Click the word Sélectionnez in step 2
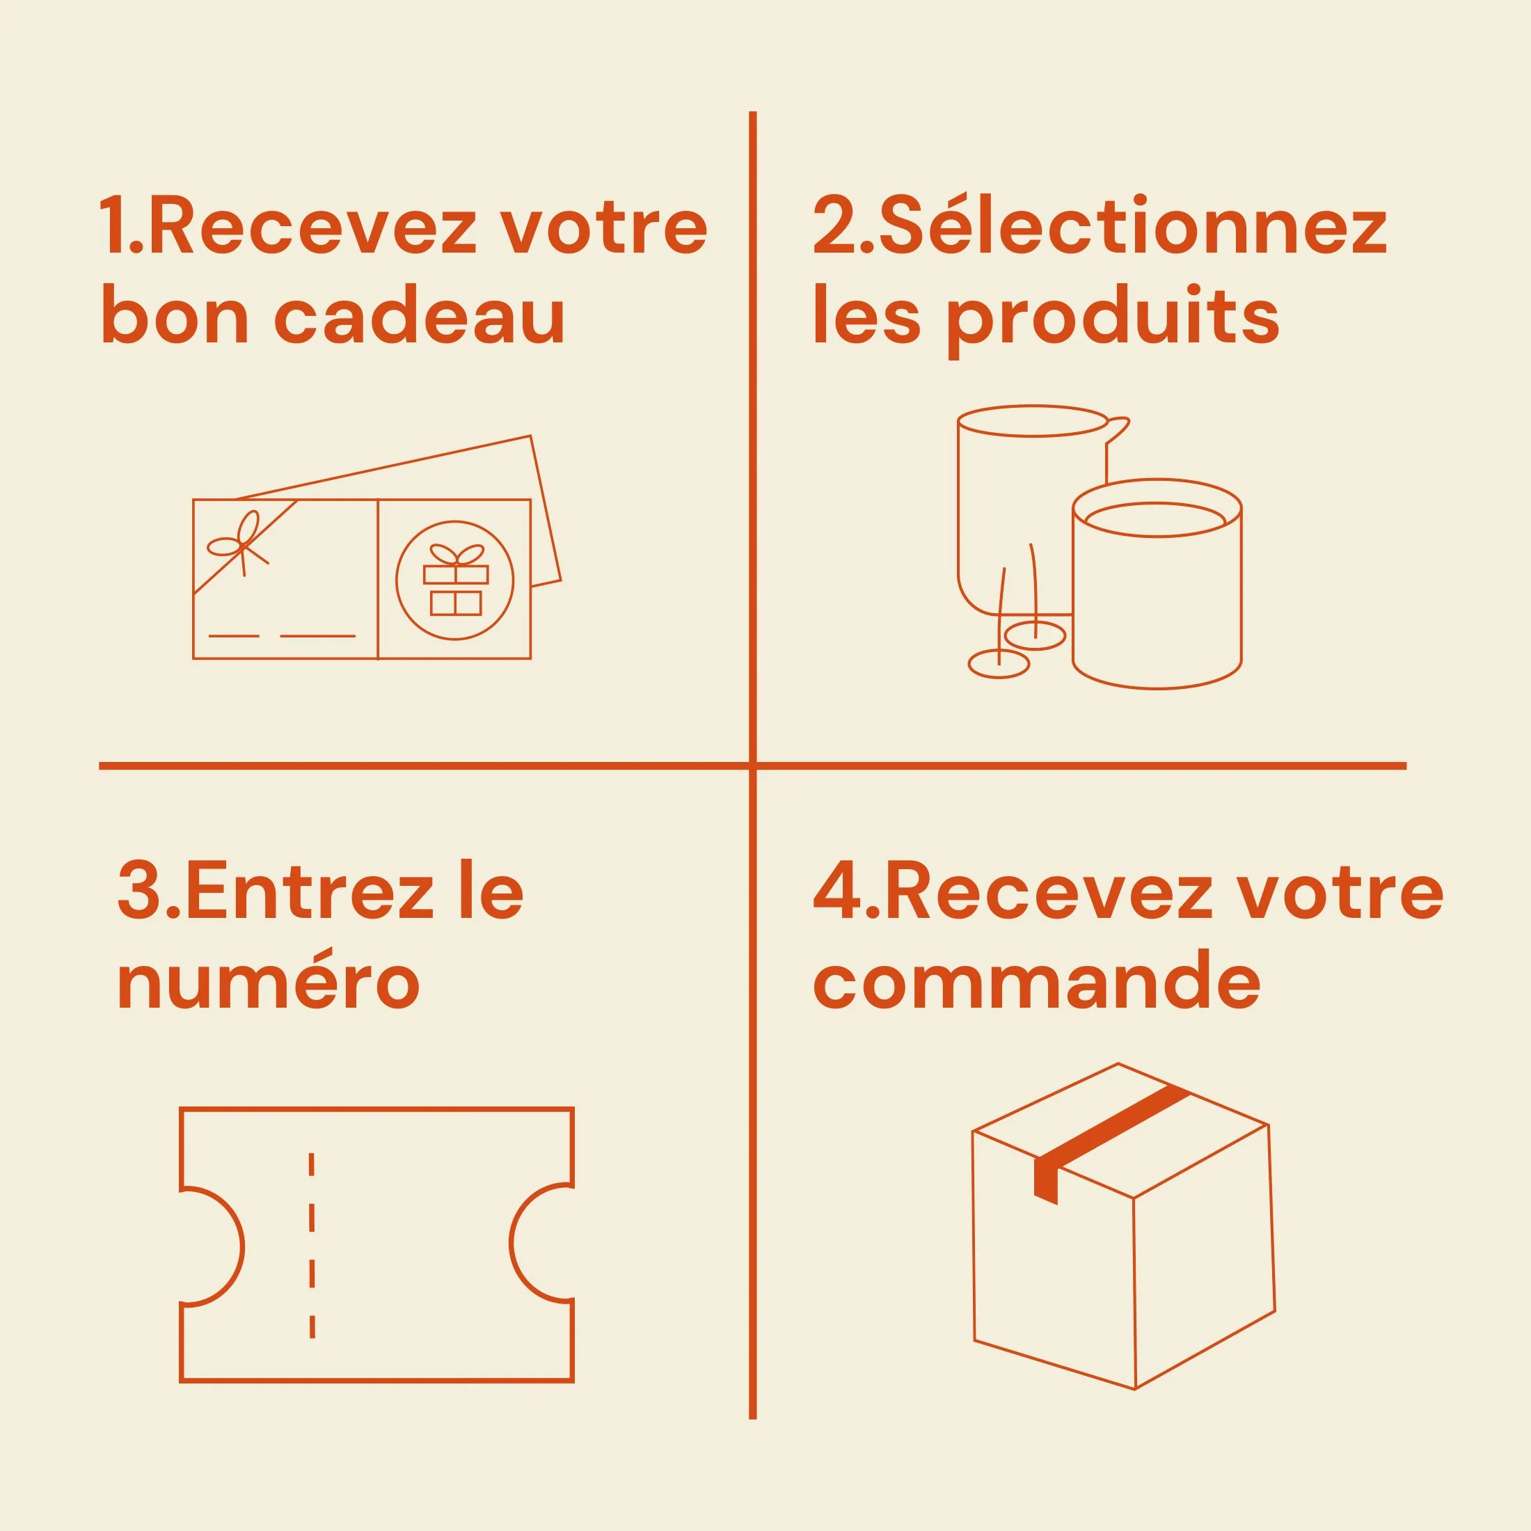pos(1132,226)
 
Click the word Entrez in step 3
pos(310,893)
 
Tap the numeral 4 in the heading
pos(838,893)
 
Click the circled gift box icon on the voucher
pos(455,580)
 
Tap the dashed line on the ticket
pos(312,1245)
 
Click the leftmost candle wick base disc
pos(999,664)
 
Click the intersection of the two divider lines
pos(752,765)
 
